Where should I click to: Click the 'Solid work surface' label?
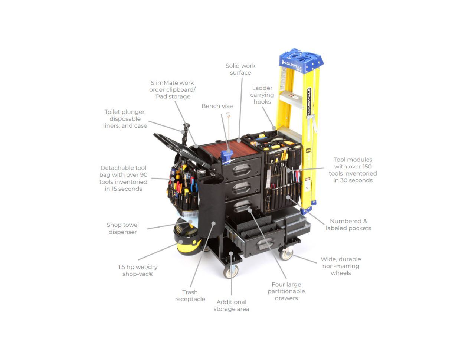(x=240, y=69)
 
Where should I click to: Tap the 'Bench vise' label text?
(x=217, y=106)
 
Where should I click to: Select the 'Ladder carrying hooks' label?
(x=262, y=95)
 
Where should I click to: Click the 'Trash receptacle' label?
(x=190, y=296)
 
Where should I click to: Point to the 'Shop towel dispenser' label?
(x=122, y=228)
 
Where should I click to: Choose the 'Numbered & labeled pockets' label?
(x=348, y=225)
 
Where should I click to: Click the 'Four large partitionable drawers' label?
(x=286, y=291)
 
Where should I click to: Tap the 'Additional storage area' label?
(x=231, y=305)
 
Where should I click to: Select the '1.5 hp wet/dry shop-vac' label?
(x=138, y=271)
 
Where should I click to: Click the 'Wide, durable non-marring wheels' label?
(x=341, y=266)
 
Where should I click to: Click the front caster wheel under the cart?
(x=231, y=271)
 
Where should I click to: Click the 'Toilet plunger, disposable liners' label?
(x=125, y=119)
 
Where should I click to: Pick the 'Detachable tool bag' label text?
(x=123, y=179)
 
